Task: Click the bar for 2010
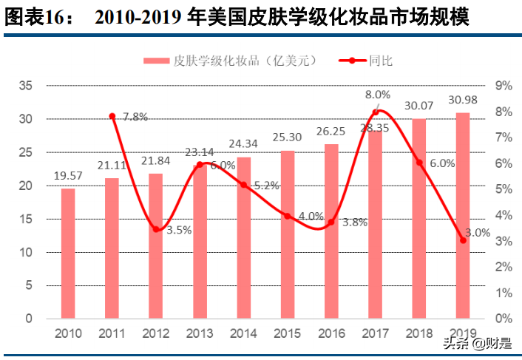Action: click(67, 254)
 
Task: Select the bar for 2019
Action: click(463, 216)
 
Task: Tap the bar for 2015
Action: click(287, 234)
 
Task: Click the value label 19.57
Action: click(67, 176)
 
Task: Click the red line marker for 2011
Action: click(112, 117)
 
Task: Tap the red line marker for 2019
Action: click(463, 240)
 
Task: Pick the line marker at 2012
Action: click(156, 229)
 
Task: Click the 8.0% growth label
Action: click(377, 95)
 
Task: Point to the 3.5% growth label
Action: click(178, 230)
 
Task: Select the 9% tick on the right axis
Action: click(504, 86)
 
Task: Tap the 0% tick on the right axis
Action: click(504, 319)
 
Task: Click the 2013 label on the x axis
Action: click(200, 334)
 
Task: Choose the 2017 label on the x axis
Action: click(375, 334)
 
